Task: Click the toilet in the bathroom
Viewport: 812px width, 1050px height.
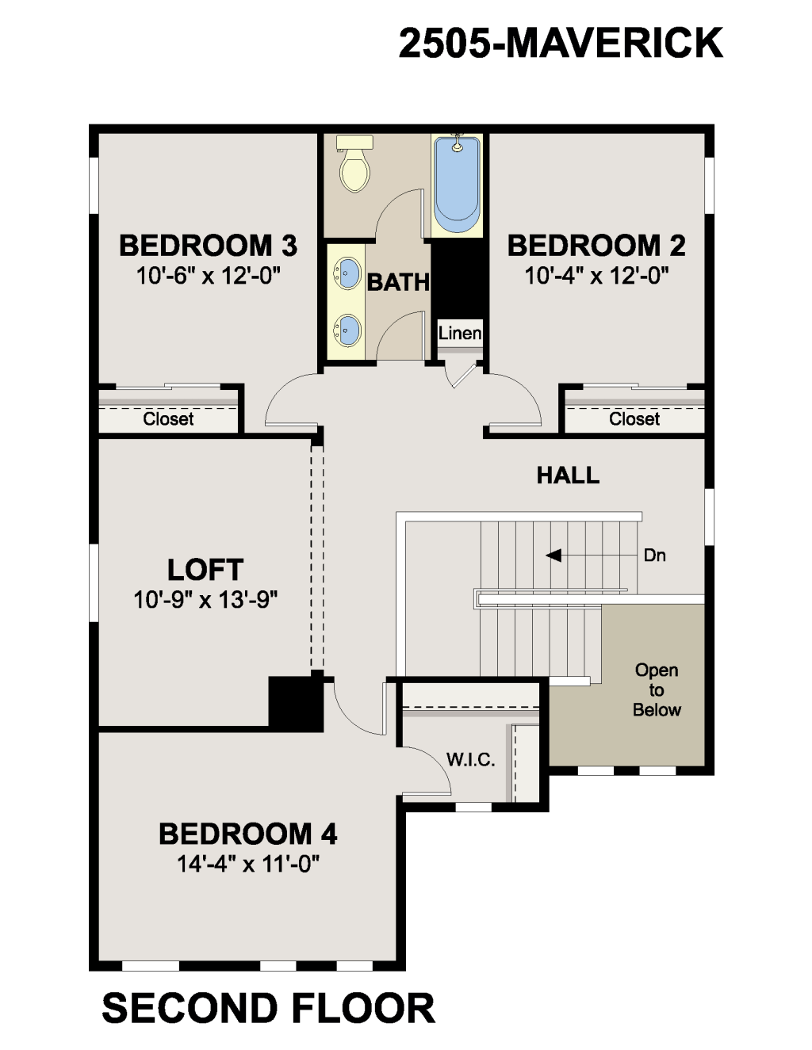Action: tap(354, 163)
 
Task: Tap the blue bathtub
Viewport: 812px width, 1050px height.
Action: tap(457, 184)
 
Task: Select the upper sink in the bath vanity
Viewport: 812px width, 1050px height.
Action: tap(347, 273)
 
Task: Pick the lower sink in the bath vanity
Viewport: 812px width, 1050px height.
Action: tap(347, 330)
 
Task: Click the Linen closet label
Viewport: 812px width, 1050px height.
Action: tap(460, 333)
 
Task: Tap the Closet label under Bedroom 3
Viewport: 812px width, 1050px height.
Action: tap(168, 419)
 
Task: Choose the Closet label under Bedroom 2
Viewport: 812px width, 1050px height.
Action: tap(634, 419)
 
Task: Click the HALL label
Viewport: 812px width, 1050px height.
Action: tap(568, 475)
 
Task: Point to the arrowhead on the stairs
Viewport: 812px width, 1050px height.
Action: tap(553, 556)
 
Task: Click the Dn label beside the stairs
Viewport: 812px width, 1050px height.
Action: tap(655, 556)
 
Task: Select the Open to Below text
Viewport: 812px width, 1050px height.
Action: tap(657, 690)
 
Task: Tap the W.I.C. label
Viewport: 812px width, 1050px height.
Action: tap(471, 760)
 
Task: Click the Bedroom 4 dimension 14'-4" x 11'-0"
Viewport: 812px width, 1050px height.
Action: tap(248, 864)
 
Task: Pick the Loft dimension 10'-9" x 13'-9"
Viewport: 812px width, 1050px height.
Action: tap(206, 600)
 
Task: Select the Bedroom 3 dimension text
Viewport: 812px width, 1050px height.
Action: tap(209, 276)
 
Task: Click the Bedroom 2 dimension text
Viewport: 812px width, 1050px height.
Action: tap(596, 276)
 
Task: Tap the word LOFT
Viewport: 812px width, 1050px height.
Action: tap(205, 570)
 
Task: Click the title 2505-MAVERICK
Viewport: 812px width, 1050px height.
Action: tap(561, 44)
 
